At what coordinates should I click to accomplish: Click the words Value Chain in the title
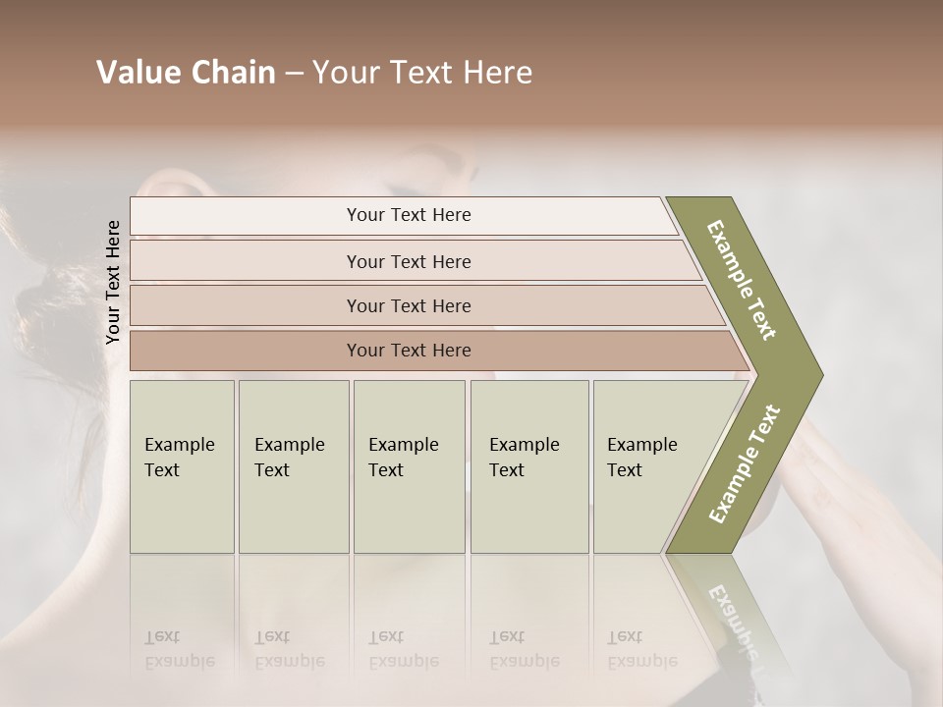[186, 73]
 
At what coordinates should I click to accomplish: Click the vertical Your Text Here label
[113, 283]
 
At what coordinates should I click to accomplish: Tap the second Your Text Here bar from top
[409, 261]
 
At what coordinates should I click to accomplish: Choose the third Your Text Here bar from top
[409, 305]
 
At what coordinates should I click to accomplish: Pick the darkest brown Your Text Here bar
[409, 351]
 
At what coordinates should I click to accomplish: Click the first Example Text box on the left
[182, 466]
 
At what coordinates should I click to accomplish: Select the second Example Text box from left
[293, 466]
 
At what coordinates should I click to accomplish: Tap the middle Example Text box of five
[409, 466]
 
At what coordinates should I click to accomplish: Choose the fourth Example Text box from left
[528, 466]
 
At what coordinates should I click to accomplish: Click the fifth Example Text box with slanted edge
[648, 466]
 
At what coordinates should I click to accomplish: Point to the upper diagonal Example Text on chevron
[742, 280]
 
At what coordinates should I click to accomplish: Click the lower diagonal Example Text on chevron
[745, 463]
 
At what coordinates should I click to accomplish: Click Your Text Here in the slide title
[422, 73]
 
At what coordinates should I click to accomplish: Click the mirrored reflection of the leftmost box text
[179, 650]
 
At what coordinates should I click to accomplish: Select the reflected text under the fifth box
[641, 650]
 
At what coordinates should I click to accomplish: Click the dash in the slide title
[294, 73]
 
